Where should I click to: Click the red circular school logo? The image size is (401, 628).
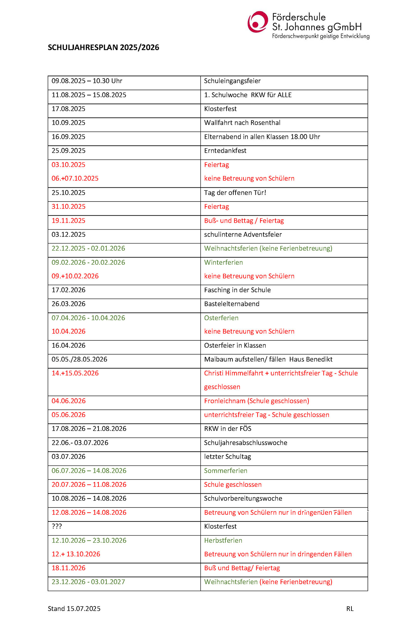pos(258,22)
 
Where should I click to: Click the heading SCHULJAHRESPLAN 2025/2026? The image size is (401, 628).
pos(103,47)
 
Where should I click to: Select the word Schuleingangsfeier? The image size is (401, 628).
pos(232,81)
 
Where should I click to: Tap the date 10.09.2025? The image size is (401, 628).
pos(69,123)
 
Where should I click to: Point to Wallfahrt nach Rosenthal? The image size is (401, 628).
pos(242,123)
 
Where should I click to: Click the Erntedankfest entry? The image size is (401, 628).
pos(225,151)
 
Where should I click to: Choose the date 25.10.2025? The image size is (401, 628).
pos(69,193)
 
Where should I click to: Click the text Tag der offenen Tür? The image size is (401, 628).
pos(235,193)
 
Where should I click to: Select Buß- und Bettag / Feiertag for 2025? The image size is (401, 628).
pos(244,221)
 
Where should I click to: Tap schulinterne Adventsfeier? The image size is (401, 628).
pos(243,235)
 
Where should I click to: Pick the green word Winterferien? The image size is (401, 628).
pos(223,262)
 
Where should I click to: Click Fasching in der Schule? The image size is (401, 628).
pos(237,290)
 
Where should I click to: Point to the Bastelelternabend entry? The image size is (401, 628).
pos(232,304)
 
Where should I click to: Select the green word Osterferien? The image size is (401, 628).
pos(221,318)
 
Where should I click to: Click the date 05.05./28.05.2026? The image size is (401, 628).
pos(79,360)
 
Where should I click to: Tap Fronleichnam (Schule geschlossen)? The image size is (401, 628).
pos(256,401)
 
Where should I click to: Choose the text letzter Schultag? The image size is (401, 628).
pos(227,457)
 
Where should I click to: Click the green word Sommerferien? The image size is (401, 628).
pos(225,471)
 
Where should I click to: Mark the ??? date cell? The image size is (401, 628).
pos(57,526)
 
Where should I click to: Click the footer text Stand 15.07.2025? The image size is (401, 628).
pos(74,609)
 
